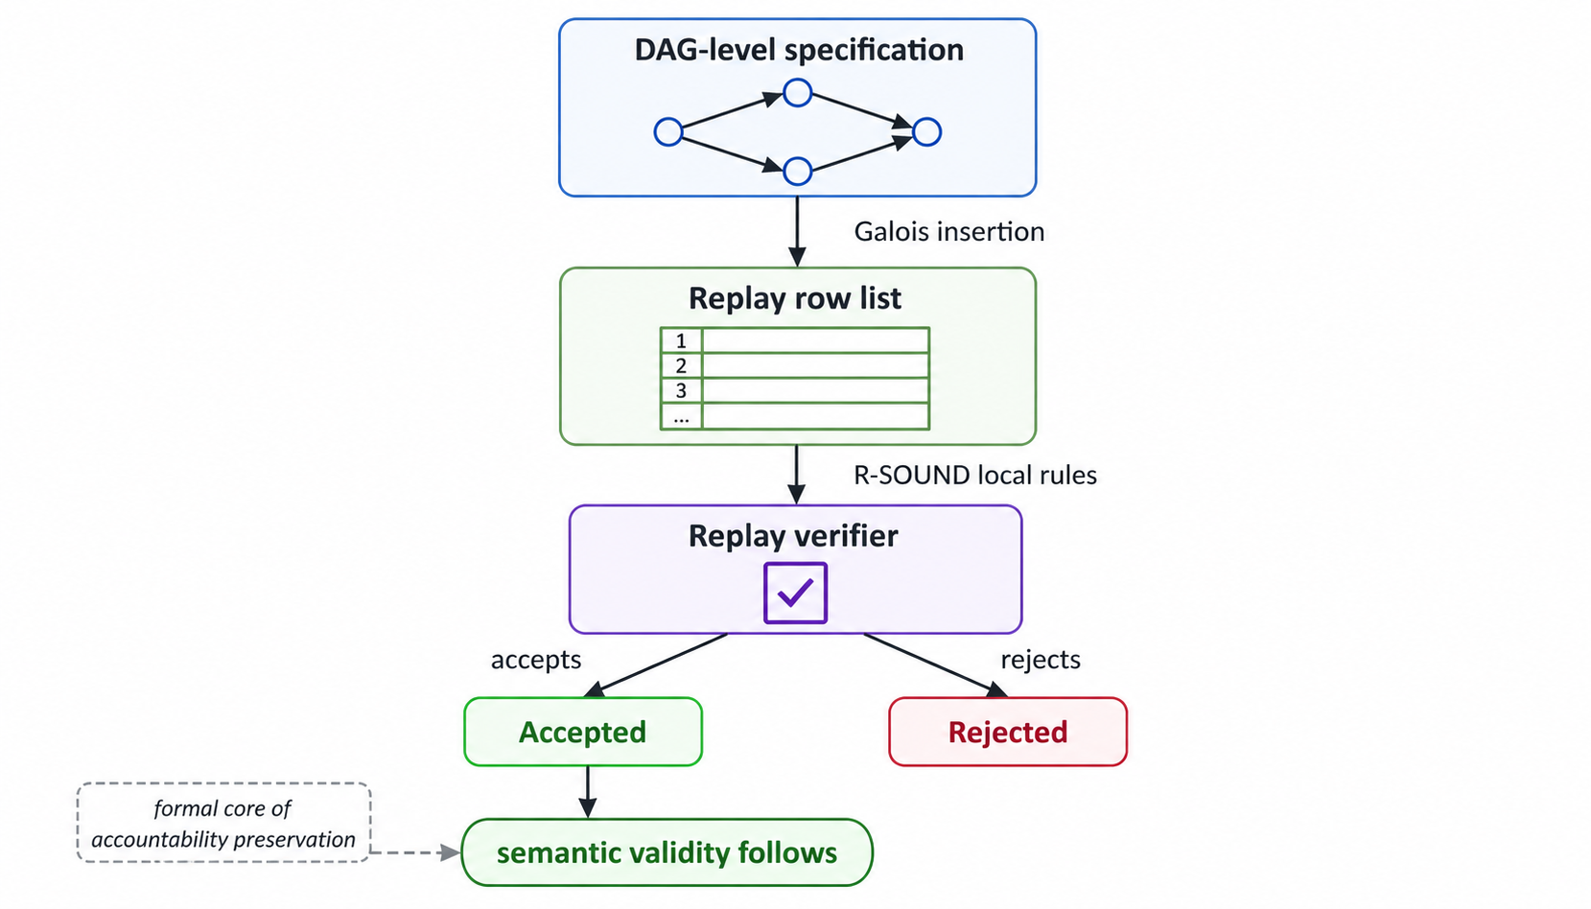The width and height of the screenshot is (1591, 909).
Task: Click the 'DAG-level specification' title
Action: tap(798, 50)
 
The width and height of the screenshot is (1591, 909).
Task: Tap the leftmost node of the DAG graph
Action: tap(668, 131)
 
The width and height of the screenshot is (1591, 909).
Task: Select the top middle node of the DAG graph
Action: tap(797, 93)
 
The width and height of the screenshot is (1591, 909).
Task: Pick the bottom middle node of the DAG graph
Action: tap(797, 172)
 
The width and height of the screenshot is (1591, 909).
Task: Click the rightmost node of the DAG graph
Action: tap(926, 131)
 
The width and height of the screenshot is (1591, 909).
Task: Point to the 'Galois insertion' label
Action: tap(948, 232)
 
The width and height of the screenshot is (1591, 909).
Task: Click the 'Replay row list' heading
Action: tap(794, 298)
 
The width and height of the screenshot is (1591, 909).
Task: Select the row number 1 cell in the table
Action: tap(681, 340)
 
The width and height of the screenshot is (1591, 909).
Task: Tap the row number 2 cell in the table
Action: tap(681, 365)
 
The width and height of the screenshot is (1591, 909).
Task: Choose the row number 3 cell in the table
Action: tap(681, 390)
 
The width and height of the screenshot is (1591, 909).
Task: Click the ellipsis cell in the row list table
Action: tap(681, 417)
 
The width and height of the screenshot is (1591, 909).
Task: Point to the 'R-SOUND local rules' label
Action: tap(974, 476)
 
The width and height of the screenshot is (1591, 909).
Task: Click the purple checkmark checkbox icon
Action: tap(795, 593)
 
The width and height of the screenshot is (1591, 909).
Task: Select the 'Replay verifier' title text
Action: tap(793, 536)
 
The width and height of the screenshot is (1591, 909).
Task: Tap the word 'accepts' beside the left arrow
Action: tap(535, 660)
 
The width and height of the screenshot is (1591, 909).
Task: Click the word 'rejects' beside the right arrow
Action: tap(1040, 660)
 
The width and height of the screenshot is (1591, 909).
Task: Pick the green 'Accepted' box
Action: tap(582, 732)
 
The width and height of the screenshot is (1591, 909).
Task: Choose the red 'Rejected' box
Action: tap(1007, 732)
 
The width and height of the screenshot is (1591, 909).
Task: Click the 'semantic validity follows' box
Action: tap(667, 852)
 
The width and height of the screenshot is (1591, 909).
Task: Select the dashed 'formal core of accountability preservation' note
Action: tap(222, 823)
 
